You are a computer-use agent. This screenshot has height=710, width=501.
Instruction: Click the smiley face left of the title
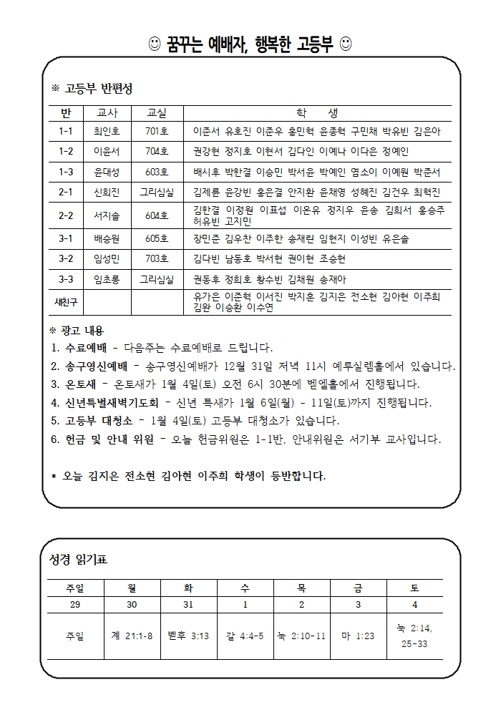[x=154, y=45]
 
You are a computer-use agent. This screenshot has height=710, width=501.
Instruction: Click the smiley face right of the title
[x=346, y=45]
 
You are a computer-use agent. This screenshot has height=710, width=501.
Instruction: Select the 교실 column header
[x=157, y=113]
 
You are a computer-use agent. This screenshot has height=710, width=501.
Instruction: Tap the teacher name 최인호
[x=107, y=132]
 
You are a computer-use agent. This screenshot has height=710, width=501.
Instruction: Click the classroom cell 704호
[x=157, y=152]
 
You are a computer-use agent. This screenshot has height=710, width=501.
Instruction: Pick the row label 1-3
[x=66, y=172]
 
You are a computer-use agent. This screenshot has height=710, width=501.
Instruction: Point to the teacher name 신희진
[x=107, y=193]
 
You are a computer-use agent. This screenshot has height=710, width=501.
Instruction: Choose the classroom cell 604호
[x=157, y=215]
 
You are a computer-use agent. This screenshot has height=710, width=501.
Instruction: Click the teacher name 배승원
[x=107, y=238]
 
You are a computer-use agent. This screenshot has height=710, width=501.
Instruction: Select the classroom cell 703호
[x=157, y=258]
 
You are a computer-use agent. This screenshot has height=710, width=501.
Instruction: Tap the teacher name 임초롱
[x=107, y=279]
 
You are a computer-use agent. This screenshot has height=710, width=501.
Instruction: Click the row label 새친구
[x=66, y=302]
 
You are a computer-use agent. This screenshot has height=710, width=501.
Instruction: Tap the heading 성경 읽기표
[x=78, y=559]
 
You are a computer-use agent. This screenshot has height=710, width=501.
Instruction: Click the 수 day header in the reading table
[x=245, y=588]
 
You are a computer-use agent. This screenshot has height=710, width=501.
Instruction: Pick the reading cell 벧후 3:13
[x=188, y=636]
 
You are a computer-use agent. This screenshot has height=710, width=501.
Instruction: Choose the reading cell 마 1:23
[x=358, y=636]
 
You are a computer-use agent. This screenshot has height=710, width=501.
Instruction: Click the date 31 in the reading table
[x=188, y=605]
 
